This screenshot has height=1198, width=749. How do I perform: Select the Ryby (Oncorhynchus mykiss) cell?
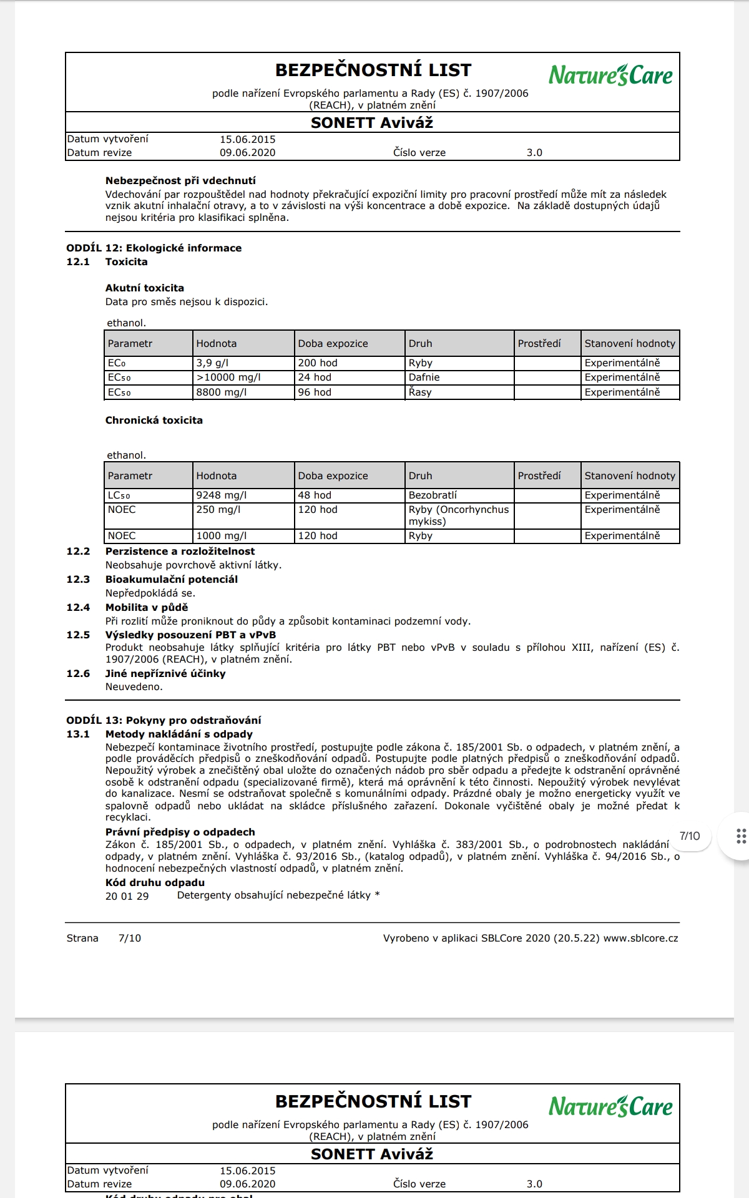pyautogui.click(x=459, y=515)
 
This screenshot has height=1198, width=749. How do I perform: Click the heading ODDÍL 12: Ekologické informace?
pyautogui.click(x=154, y=248)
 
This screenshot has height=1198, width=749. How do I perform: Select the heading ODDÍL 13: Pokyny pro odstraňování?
pyautogui.click(x=164, y=721)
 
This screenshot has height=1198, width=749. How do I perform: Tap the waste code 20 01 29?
pyautogui.click(x=127, y=897)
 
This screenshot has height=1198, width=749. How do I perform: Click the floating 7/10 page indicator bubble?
pyautogui.click(x=690, y=837)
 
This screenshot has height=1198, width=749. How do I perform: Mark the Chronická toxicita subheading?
pyautogui.click(x=154, y=421)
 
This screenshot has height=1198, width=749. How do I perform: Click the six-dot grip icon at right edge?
pyautogui.click(x=741, y=837)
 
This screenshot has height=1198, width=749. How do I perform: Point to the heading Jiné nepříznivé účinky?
pyautogui.click(x=165, y=674)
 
